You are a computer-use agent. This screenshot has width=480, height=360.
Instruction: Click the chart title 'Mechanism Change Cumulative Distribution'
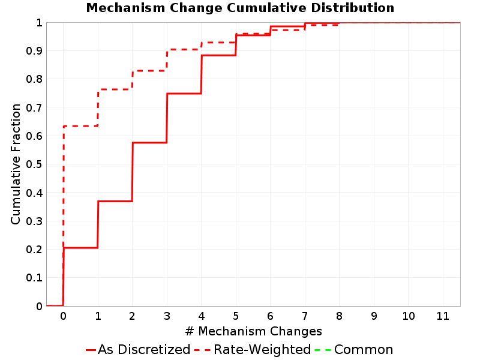click(x=241, y=8)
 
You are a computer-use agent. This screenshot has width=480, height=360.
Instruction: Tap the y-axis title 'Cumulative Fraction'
click(x=16, y=164)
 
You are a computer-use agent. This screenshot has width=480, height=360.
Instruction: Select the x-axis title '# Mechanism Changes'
click(x=253, y=331)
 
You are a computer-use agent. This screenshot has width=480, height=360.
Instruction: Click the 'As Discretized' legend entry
click(x=138, y=349)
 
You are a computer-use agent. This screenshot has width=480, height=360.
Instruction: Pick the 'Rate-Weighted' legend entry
click(x=253, y=349)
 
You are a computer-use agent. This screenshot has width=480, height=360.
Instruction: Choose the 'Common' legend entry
click(x=354, y=349)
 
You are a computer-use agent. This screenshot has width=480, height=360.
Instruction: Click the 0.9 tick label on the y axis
click(x=34, y=51)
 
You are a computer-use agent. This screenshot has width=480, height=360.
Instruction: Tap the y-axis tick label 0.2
click(x=34, y=250)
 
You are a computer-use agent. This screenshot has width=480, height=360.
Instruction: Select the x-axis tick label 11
click(x=443, y=316)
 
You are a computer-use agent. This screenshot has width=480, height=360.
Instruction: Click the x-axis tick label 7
click(x=305, y=316)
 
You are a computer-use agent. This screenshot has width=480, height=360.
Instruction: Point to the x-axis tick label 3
click(x=167, y=316)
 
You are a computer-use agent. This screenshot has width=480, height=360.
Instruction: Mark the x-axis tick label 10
click(x=409, y=316)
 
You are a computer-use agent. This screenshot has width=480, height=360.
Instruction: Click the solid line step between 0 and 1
click(x=80, y=248)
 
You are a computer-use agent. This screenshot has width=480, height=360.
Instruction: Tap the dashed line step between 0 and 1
click(x=80, y=126)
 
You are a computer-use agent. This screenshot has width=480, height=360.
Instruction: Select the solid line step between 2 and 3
click(x=149, y=143)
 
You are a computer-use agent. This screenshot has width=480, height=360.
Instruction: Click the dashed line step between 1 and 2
click(x=115, y=89)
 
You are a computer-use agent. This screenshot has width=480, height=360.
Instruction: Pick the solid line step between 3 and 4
click(x=184, y=94)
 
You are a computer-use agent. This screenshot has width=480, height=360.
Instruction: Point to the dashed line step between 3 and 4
click(x=184, y=49)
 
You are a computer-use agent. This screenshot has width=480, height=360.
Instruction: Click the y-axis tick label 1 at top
click(x=39, y=23)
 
